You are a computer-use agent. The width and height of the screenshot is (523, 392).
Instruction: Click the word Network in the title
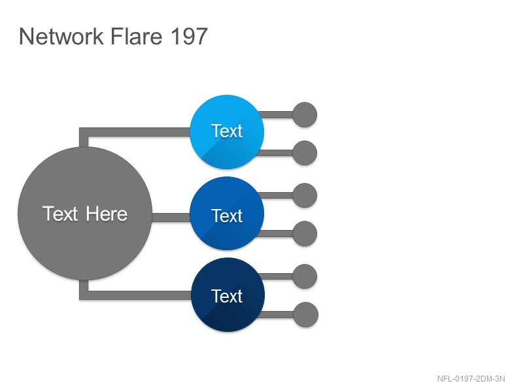click(x=61, y=36)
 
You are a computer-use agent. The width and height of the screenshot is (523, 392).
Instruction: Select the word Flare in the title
click(x=136, y=36)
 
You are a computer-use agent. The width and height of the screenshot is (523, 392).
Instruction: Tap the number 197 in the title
click(x=189, y=36)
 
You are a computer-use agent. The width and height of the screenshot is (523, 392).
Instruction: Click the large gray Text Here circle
click(x=85, y=214)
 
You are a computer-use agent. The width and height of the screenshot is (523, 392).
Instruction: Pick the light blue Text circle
click(x=227, y=132)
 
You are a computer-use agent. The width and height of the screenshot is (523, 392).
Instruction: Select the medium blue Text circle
click(x=227, y=214)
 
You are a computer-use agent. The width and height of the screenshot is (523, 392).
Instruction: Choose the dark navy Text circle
click(x=228, y=295)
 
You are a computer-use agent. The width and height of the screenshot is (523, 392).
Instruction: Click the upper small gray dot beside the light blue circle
click(x=305, y=115)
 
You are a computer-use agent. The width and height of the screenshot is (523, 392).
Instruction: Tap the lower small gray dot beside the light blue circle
click(x=305, y=153)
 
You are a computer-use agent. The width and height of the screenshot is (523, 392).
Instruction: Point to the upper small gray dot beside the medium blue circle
click(x=305, y=195)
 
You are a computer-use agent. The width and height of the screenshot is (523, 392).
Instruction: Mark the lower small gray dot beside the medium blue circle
click(x=305, y=234)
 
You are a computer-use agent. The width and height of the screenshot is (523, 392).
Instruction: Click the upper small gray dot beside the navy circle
click(x=305, y=276)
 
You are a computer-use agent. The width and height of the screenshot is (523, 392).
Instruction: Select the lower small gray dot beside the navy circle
click(x=306, y=315)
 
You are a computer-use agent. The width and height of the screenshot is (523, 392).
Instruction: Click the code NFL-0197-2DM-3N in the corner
click(x=471, y=379)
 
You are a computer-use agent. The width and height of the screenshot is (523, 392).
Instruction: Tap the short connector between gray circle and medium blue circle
click(x=171, y=218)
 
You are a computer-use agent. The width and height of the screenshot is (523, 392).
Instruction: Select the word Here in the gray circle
click(x=107, y=214)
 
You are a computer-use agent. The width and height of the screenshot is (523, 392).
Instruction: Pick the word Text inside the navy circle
click(x=227, y=296)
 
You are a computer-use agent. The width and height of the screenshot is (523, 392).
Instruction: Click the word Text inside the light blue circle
click(x=227, y=131)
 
